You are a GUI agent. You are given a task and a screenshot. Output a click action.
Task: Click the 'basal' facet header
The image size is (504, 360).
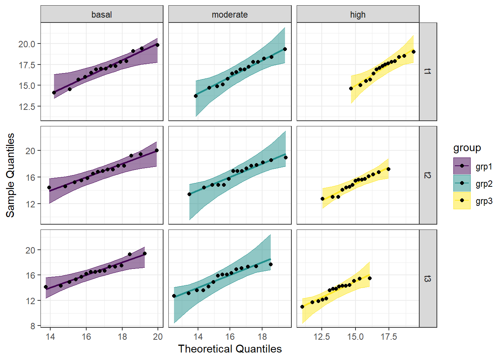tap(102, 15)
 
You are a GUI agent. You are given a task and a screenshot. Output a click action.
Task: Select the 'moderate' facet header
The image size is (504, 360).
tap(229, 15)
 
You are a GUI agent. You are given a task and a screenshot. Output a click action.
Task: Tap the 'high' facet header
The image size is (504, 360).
tap(358, 15)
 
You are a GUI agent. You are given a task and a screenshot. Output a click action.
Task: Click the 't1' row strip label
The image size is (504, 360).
tap(428, 71)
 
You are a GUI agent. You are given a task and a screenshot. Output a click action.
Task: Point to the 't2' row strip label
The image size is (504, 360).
tap(428, 175)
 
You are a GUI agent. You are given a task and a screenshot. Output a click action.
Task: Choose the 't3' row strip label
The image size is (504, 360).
tap(428, 279)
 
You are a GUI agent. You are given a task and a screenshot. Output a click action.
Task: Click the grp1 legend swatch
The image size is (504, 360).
tap(462, 166)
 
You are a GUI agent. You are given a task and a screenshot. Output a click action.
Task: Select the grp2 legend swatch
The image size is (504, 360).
tap(462, 183)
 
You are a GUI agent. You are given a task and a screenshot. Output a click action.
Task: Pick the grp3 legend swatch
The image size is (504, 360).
tap(462, 201)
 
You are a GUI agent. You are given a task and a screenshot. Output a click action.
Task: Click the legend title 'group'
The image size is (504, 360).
tap(467, 148)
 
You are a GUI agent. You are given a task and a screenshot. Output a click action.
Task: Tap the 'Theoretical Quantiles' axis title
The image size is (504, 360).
tap(229, 349)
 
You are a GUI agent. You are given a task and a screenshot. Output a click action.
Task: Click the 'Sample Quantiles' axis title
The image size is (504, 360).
tap(10, 175)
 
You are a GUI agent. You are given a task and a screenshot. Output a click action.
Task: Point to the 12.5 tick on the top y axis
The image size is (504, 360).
tap(27, 106)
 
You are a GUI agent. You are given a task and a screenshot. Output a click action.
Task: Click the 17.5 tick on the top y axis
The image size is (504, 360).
tap(27, 65)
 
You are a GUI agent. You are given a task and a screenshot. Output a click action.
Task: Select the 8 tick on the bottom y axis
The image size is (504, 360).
tap(33, 326)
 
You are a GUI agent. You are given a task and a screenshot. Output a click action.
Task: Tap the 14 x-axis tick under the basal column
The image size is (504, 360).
tap(50, 336)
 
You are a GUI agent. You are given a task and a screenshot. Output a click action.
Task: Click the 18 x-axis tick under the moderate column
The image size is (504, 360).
tap(262, 336)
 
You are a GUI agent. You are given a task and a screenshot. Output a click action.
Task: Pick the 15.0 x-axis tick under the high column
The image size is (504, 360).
tap(355, 336)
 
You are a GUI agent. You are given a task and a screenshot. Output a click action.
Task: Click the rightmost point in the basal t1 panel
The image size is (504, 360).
tap(157, 45)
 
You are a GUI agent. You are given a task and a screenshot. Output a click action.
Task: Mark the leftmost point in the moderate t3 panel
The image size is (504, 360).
tap(174, 296)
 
